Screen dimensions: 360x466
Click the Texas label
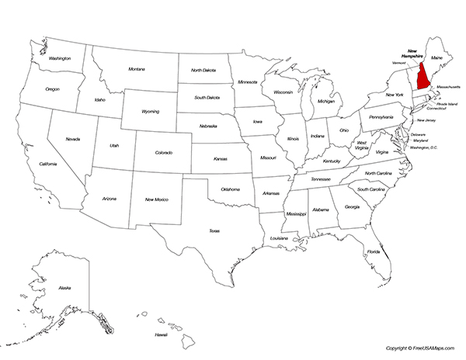(214, 230)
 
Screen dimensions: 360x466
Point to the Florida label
(374, 251)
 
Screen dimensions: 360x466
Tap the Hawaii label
(161, 334)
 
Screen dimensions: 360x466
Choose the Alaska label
(64, 288)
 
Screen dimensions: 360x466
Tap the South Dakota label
(207, 98)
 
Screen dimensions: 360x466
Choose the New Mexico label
(156, 200)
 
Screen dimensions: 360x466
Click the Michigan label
(326, 101)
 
